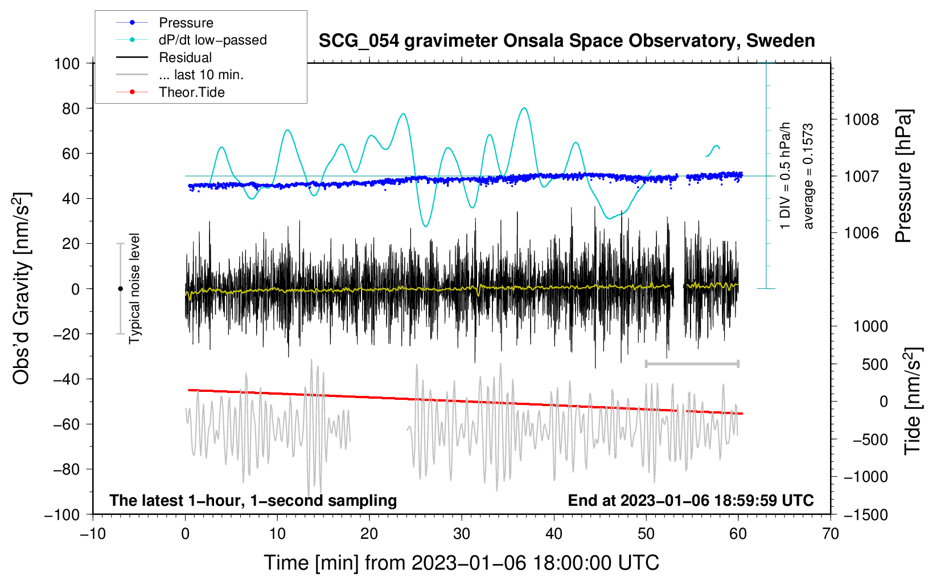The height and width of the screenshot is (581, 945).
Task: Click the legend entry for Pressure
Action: [x=165, y=22]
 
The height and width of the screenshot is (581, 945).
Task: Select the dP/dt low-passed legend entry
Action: [x=191, y=40]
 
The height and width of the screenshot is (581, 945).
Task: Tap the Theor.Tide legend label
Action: [x=191, y=92]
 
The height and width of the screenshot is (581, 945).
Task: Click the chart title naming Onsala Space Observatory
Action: [x=566, y=40]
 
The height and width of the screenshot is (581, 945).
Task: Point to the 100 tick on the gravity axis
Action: [x=67, y=64]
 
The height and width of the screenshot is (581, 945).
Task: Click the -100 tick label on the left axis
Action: [x=62, y=515]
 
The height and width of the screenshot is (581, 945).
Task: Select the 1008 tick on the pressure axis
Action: [x=861, y=120]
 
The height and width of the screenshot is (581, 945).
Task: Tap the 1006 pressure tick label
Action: [x=861, y=232]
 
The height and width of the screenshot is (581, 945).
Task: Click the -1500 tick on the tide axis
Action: [x=866, y=515]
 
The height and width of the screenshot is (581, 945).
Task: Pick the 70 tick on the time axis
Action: [x=830, y=534]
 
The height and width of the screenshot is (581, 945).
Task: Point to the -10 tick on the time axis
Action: [x=93, y=534]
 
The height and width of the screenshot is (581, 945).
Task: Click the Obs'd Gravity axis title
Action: [x=21, y=288]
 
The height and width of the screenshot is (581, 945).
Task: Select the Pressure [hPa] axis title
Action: [x=903, y=176]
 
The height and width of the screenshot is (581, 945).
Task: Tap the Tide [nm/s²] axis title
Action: [x=913, y=401]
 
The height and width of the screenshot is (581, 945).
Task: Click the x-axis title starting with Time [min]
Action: [x=462, y=563]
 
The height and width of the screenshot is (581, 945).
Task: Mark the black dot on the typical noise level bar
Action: [x=120, y=289]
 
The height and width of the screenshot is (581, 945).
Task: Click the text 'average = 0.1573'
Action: [x=808, y=176]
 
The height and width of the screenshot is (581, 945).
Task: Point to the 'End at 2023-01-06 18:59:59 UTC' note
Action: [x=691, y=500]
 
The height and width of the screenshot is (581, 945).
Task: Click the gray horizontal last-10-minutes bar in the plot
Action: [x=692, y=363]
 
